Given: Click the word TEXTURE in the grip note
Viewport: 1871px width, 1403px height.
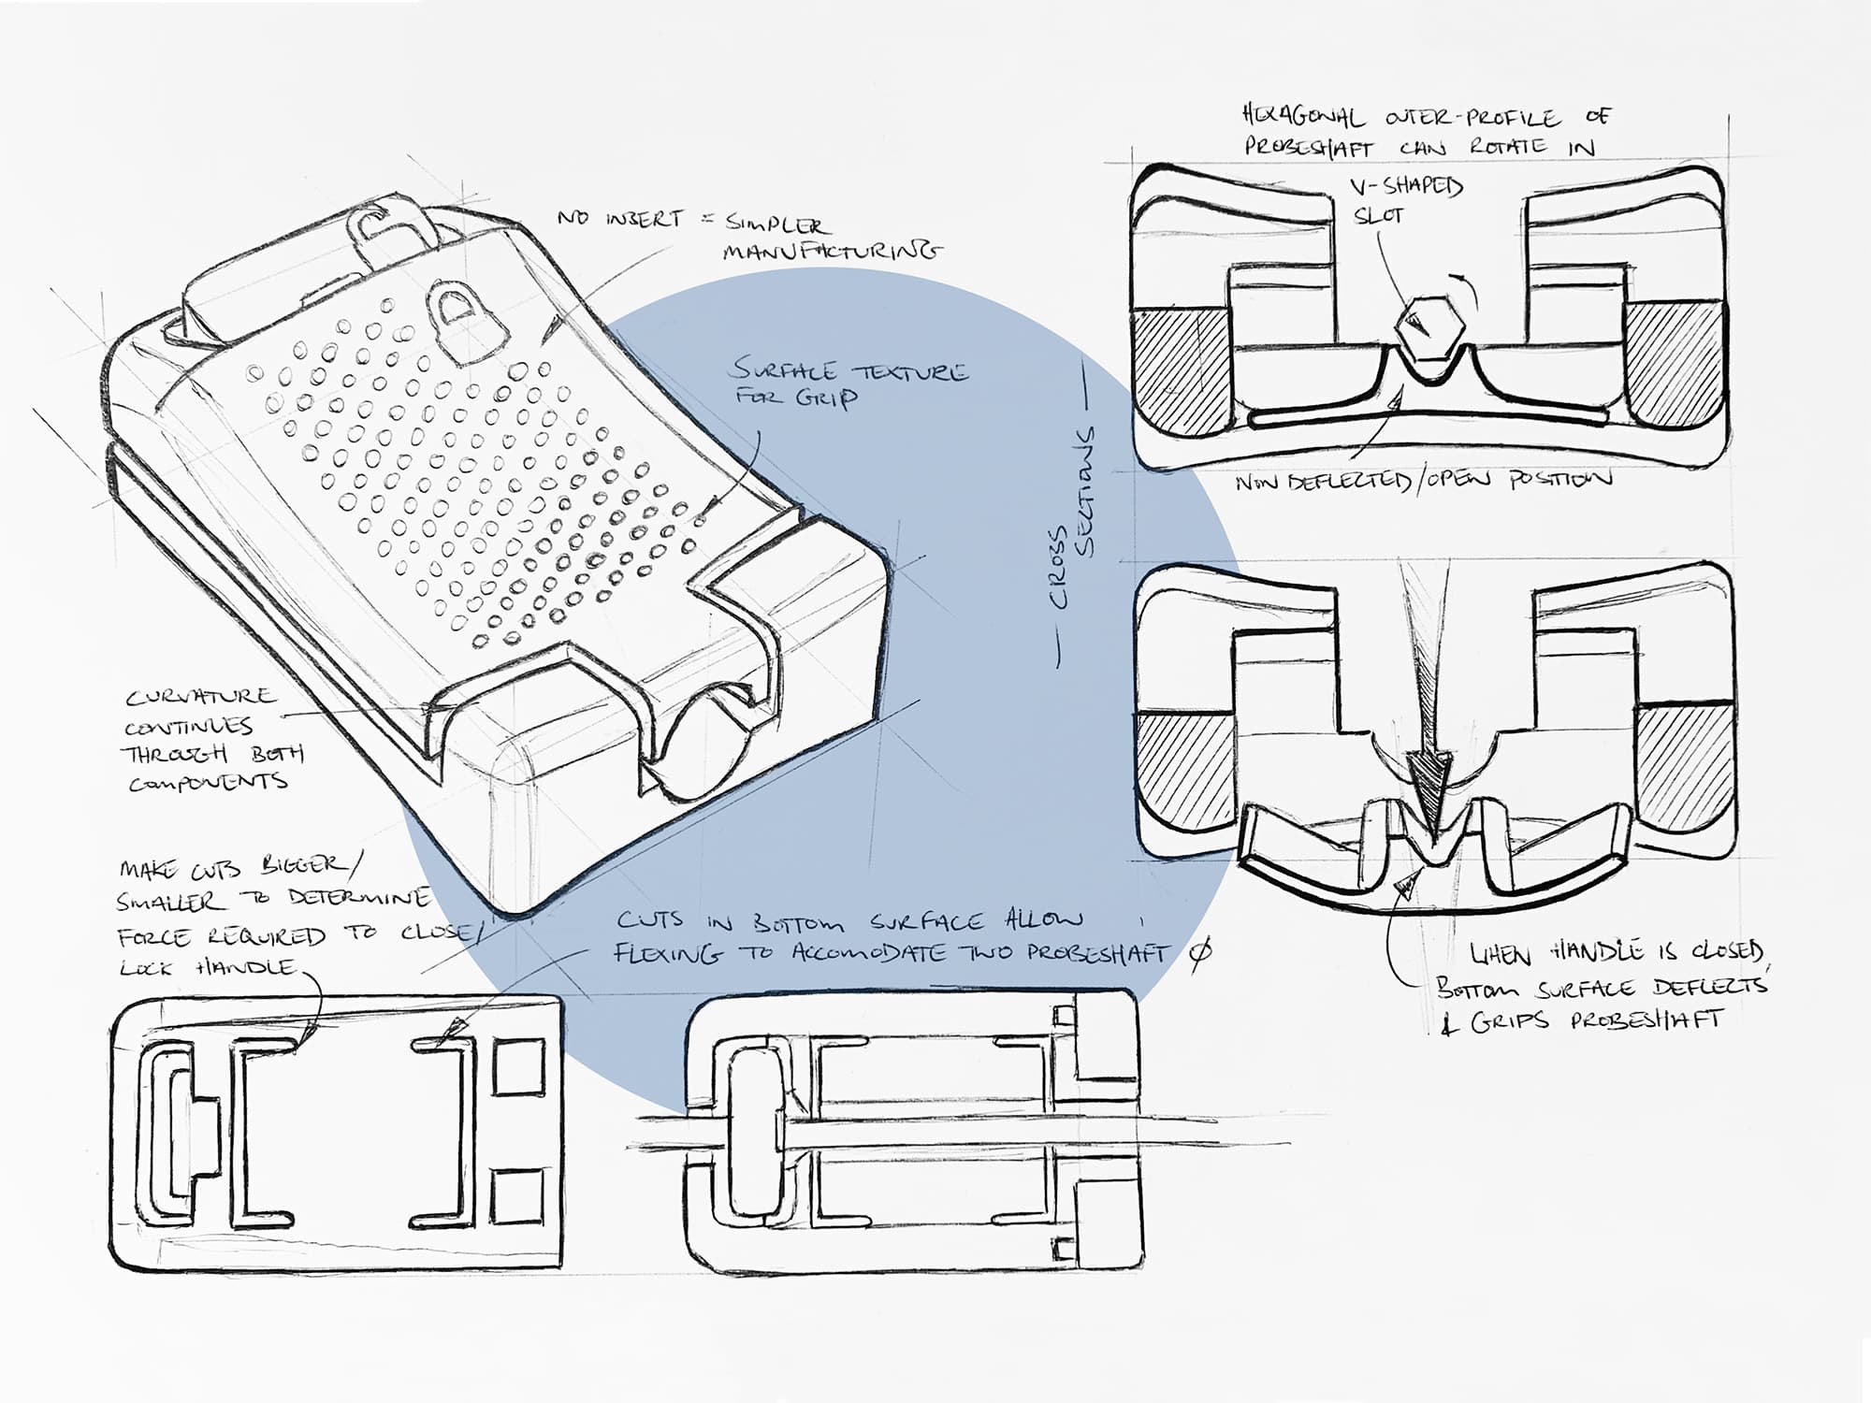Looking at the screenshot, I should pyautogui.click(x=907, y=371).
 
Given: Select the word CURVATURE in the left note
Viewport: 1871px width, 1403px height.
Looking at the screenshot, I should pyautogui.click(x=201, y=698).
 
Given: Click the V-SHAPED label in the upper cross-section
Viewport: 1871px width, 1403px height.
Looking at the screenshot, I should pyautogui.click(x=1406, y=187).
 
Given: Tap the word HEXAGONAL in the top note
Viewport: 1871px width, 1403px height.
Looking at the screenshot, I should pyautogui.click(x=1303, y=117).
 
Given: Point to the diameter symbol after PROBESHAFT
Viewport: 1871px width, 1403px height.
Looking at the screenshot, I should pyautogui.click(x=1203, y=952).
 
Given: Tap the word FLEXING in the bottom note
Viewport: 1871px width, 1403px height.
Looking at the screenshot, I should pyautogui.click(x=667, y=953).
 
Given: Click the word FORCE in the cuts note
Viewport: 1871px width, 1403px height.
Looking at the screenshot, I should pyautogui.click(x=153, y=936).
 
